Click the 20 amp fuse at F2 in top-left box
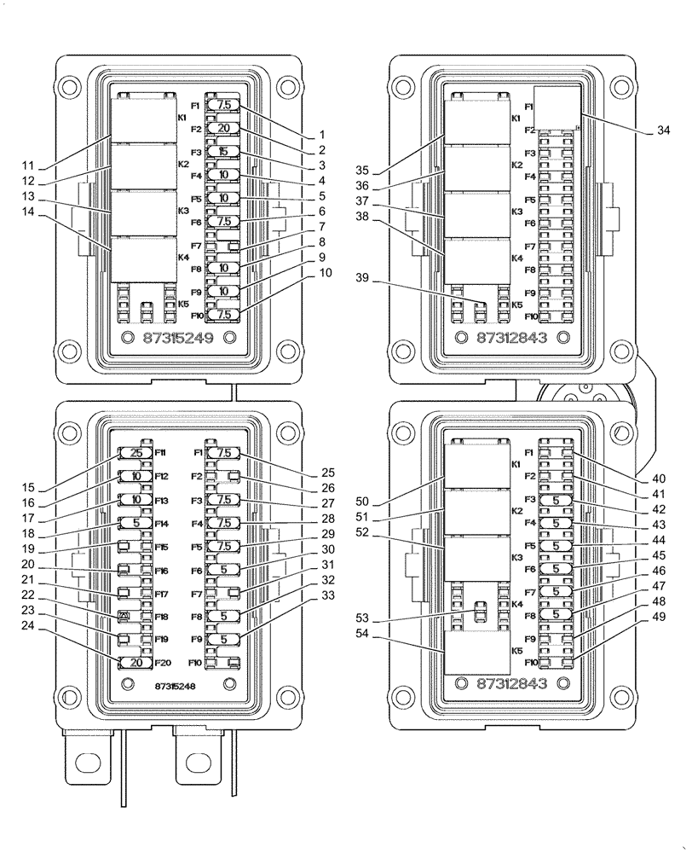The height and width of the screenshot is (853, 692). point(223,128)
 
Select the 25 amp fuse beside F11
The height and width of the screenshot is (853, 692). point(135,453)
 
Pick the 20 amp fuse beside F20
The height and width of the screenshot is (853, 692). point(135,662)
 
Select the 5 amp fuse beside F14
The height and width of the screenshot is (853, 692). point(135,523)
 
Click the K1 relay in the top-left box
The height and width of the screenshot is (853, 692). point(142,119)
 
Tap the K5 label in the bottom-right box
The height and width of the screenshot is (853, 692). point(516,651)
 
